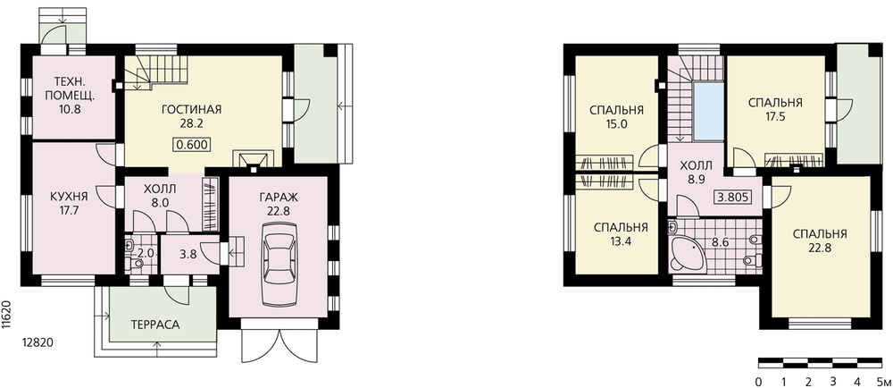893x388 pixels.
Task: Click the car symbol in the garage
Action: (279, 265)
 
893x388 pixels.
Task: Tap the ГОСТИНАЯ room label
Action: (191, 110)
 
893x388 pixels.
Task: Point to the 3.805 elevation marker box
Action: (732, 198)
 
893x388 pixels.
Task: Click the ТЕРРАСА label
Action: (154, 325)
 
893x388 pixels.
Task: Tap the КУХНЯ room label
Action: (69, 197)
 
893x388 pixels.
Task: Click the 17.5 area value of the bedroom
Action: (775, 117)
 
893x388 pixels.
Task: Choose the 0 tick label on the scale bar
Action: (759, 381)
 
